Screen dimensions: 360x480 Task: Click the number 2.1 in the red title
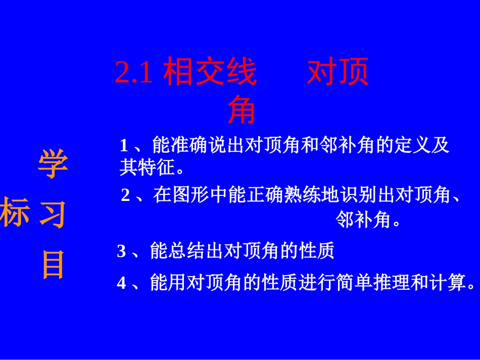click(x=134, y=74)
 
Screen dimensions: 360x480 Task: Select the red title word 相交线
click(x=210, y=74)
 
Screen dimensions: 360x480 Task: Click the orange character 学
click(x=53, y=165)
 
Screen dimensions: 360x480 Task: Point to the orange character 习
click(x=53, y=214)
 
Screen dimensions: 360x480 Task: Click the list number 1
click(x=124, y=146)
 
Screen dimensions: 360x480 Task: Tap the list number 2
click(x=126, y=195)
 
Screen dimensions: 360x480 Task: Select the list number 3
click(x=121, y=251)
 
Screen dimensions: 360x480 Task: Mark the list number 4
click(x=121, y=283)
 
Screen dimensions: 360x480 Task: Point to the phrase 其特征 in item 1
click(x=147, y=167)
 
